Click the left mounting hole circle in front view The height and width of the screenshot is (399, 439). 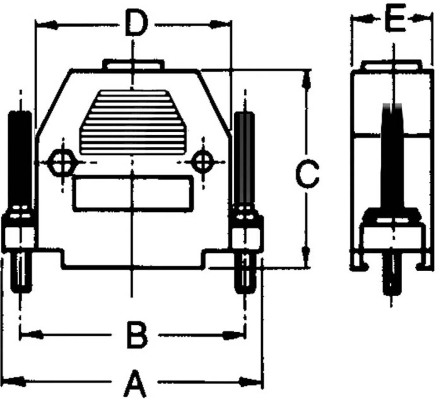(62, 162)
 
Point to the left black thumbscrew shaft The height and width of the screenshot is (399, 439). (20, 158)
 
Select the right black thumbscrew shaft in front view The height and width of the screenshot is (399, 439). (245, 158)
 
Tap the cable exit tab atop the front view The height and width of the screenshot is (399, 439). (133, 65)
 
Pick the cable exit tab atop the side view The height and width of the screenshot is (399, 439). (392, 65)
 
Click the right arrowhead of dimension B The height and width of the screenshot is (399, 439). (233, 335)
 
